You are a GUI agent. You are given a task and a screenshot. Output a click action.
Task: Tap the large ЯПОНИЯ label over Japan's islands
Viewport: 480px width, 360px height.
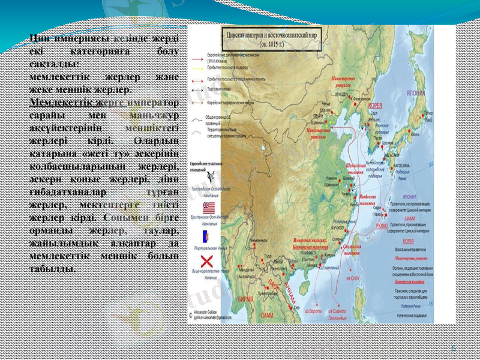(x=416, y=94)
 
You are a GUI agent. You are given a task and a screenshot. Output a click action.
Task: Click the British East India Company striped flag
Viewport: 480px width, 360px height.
(x=206, y=208)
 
